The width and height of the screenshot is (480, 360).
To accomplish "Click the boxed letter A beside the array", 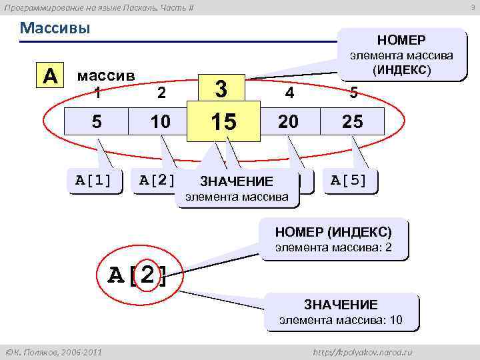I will point(50,75).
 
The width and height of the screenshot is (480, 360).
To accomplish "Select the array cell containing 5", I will point(97,121).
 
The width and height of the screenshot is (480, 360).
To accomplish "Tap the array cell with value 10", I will point(161,121).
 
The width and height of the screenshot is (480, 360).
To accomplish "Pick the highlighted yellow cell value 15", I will point(223,122).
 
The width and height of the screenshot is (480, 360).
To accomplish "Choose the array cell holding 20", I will point(289,121).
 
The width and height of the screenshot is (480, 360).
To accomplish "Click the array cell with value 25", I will point(353,121).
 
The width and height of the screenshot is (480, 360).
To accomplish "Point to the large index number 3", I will point(223,88).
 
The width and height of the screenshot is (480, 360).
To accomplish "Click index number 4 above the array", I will point(289,94).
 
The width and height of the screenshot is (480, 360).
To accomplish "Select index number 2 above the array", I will point(161,94).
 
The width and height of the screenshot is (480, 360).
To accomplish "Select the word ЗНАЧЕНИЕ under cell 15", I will point(237,181).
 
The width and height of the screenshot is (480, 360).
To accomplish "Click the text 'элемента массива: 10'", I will point(341,320).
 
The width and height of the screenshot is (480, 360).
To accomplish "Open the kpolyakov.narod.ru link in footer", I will point(363,351).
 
